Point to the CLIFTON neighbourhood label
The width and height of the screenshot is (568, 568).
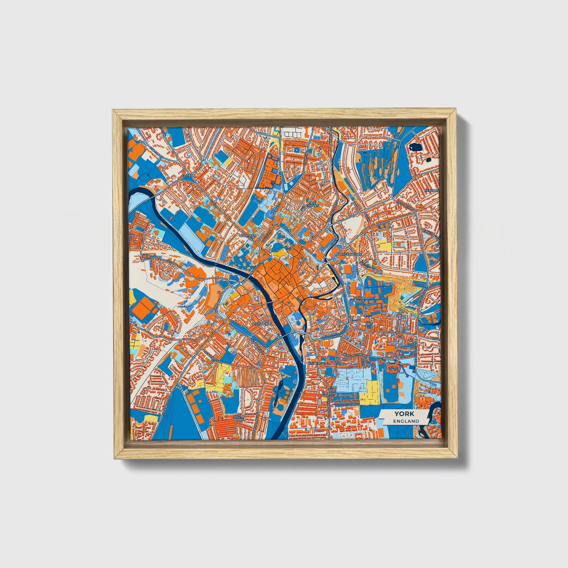coord(188,176)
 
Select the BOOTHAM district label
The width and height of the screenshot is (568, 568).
coord(248,235)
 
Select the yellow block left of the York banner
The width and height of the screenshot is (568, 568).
coord(369,392)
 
